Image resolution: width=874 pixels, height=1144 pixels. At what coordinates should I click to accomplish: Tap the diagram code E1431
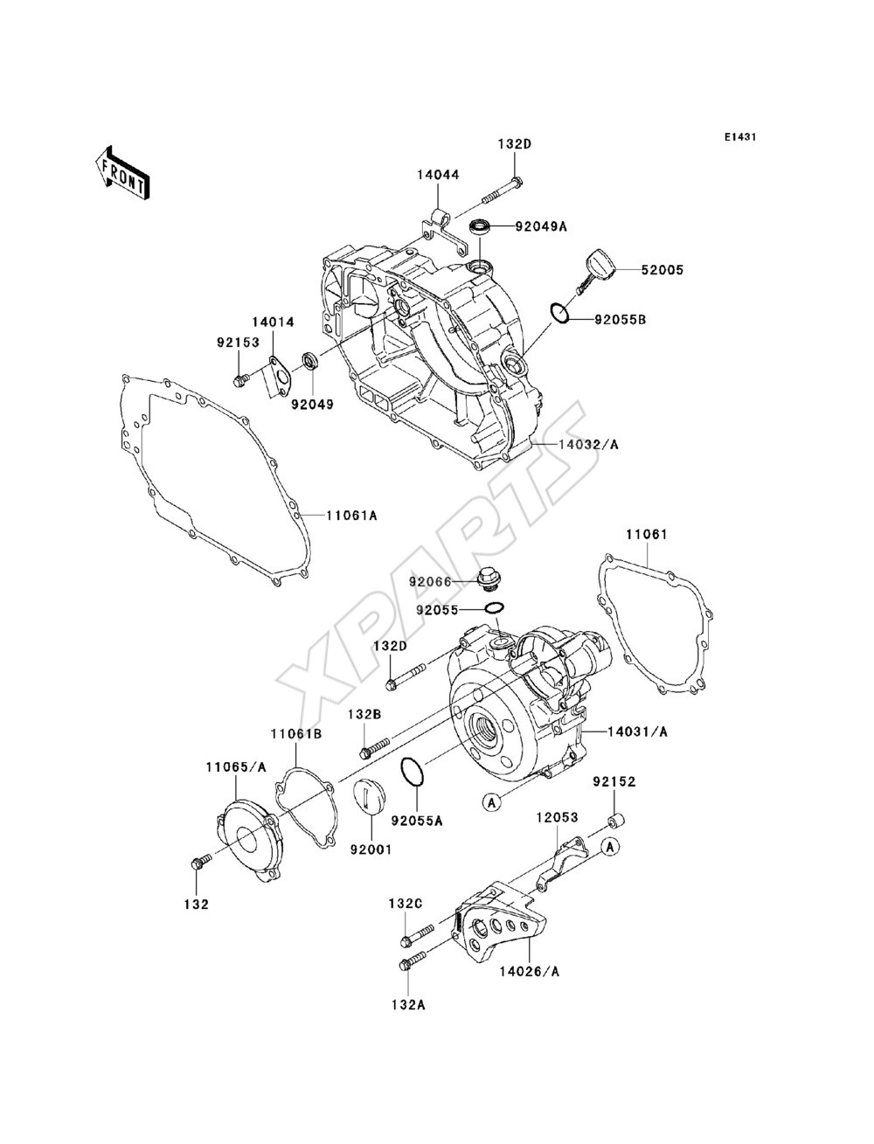click(x=739, y=137)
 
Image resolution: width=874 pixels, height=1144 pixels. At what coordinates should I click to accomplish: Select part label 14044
click(x=438, y=175)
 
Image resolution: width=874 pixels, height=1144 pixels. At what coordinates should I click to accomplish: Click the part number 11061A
click(x=351, y=516)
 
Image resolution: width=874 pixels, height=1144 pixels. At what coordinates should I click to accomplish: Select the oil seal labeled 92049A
click(x=480, y=227)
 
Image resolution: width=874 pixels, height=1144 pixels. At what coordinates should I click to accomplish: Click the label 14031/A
click(x=637, y=732)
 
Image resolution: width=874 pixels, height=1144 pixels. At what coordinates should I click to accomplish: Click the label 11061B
click(x=296, y=734)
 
